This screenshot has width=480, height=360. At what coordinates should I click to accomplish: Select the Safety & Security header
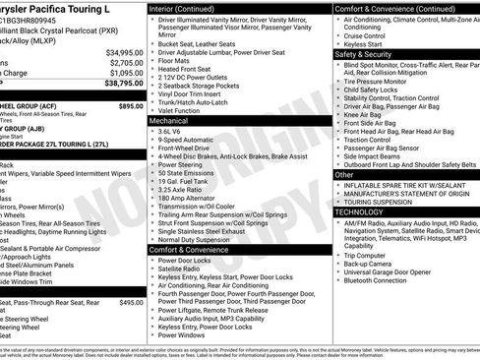pos(368,54)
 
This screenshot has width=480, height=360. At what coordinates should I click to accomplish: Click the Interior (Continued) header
pos(189,8)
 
